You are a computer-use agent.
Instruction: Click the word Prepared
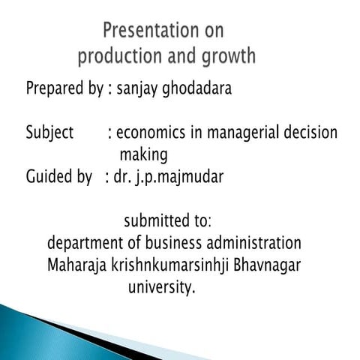pyautogui.click(x=54, y=88)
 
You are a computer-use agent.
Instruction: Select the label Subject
pyautogui.click(x=49, y=133)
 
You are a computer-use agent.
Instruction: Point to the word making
pyautogui.click(x=143, y=156)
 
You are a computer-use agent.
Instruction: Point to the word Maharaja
pyautogui.click(x=76, y=265)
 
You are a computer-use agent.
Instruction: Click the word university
pyautogui.click(x=161, y=287)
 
